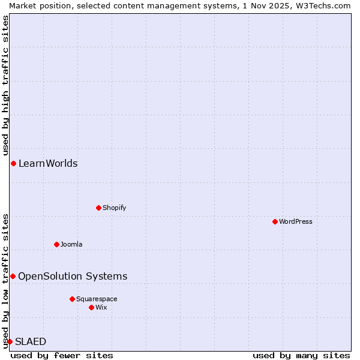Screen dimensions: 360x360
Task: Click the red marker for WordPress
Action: point(275,221)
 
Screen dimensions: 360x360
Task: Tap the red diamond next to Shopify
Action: point(98,208)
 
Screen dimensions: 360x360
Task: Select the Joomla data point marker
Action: point(56,244)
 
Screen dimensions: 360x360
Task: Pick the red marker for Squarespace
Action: point(72,299)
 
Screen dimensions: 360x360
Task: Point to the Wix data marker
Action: point(91,307)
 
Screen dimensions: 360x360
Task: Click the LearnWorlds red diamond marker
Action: point(13,163)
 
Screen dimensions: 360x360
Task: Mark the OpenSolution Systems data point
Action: point(13,276)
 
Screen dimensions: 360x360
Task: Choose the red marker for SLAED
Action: point(10,341)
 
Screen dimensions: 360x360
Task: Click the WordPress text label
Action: point(296,221)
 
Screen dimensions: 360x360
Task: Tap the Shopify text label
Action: point(114,208)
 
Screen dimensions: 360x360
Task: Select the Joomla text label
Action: point(71,244)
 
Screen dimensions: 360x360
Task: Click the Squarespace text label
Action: point(97,299)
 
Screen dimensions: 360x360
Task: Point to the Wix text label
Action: point(101,307)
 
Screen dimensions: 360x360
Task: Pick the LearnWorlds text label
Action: point(48,163)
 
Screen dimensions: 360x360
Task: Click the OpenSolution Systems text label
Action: point(73,276)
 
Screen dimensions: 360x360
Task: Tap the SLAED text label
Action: point(31,341)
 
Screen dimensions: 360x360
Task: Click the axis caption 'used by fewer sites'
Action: point(62,356)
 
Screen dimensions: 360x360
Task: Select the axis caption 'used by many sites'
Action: point(301,356)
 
